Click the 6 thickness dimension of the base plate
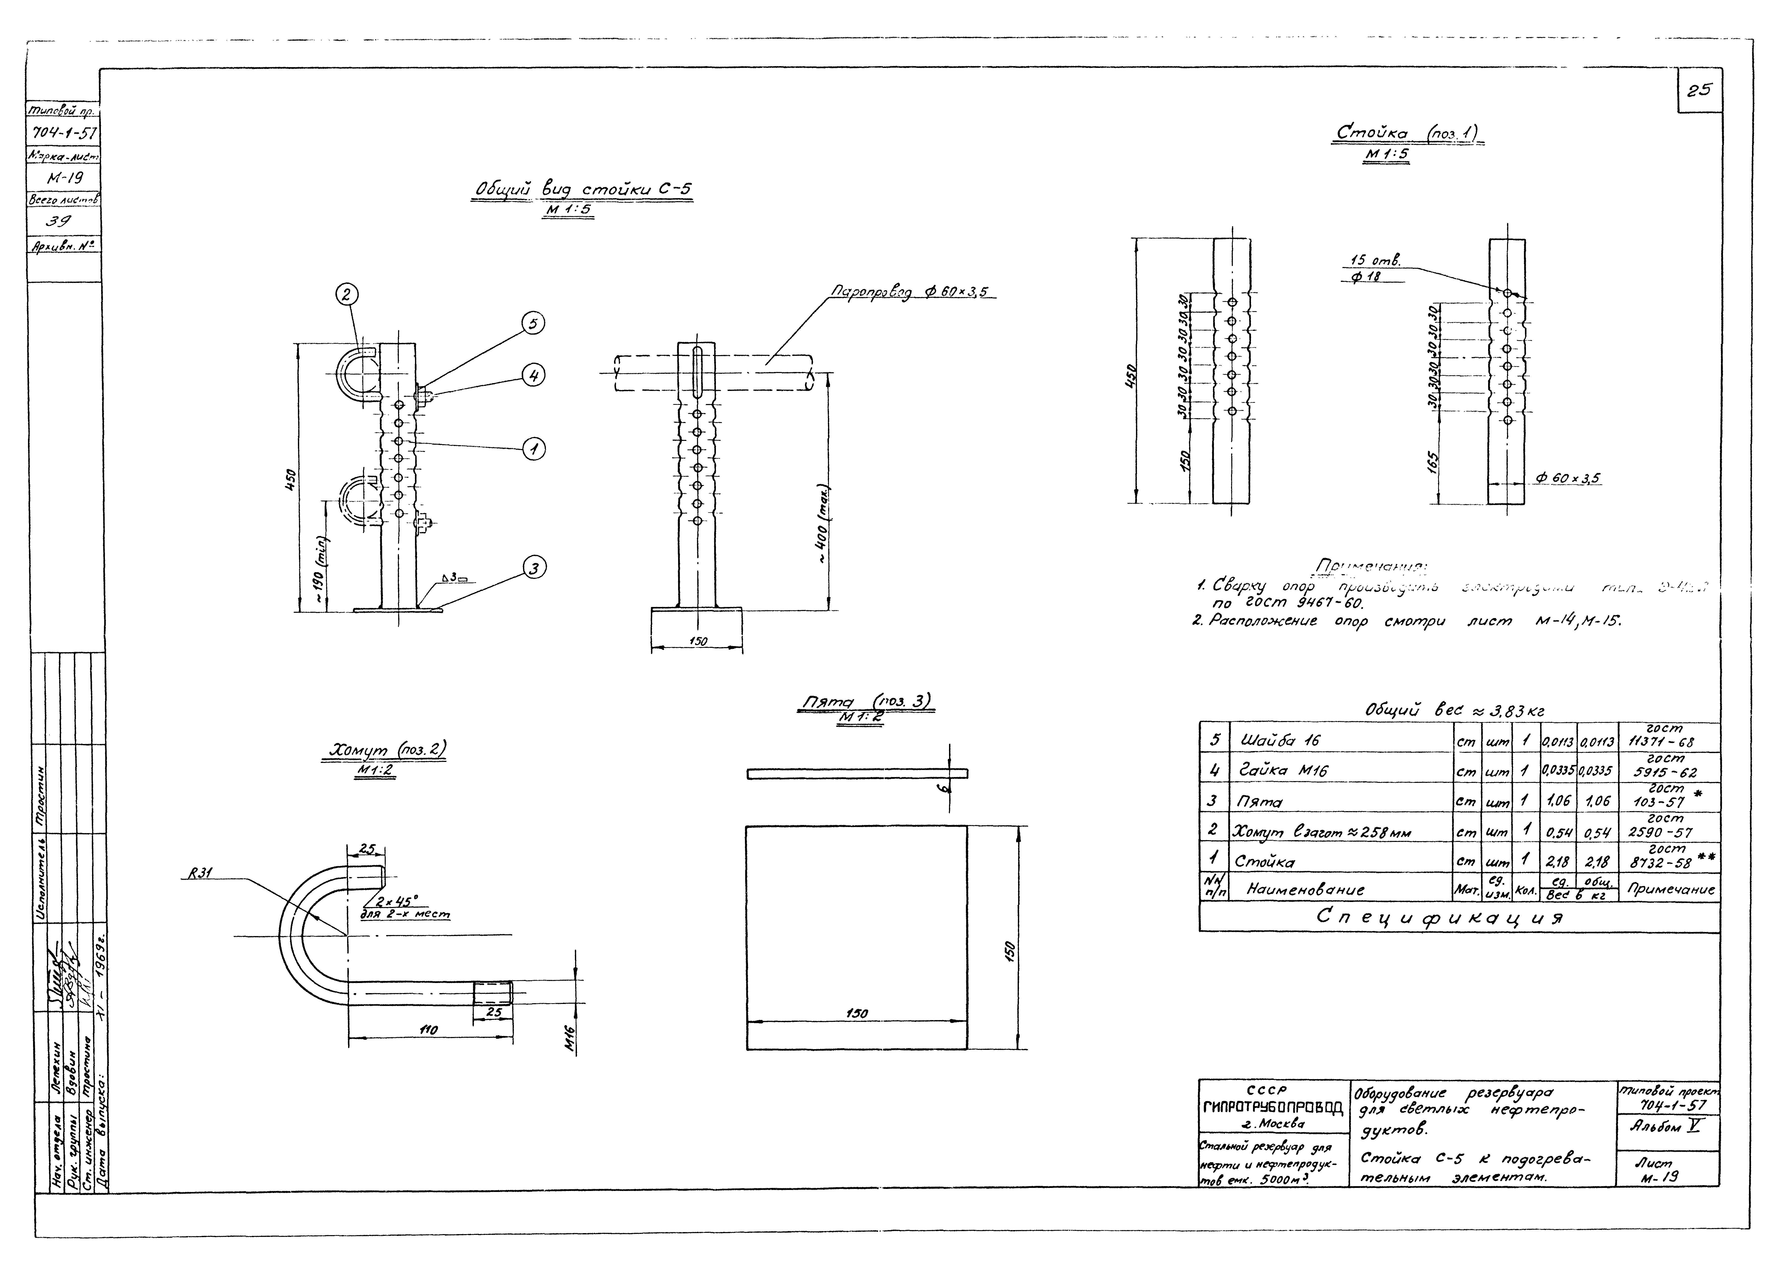click(x=947, y=783)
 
